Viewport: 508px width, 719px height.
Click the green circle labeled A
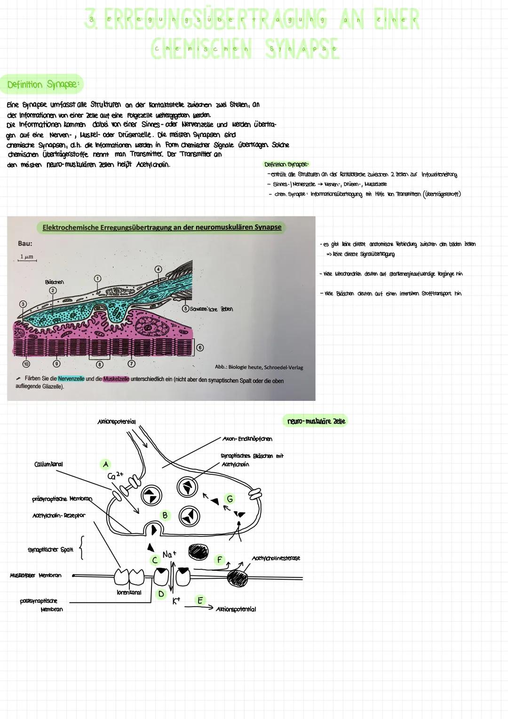point(105,464)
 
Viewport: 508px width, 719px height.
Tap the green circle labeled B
point(165,515)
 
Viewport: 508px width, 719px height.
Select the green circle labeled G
point(230,498)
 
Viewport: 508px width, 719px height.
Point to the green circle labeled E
point(200,600)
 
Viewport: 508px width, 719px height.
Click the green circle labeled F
point(219,560)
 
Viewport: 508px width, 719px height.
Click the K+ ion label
point(176,601)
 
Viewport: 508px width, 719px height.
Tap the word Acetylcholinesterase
point(276,558)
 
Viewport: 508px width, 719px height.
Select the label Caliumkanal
point(48,464)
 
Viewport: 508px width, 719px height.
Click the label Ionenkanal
point(128,592)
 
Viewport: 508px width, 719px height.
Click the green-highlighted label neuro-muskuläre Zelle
point(316,421)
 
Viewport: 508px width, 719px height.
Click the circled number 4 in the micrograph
point(159,269)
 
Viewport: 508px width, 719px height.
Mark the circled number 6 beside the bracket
point(200,347)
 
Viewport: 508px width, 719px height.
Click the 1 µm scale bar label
point(26,257)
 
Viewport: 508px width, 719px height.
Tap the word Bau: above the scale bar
point(25,244)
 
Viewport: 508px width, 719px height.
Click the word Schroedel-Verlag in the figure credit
point(284,367)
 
